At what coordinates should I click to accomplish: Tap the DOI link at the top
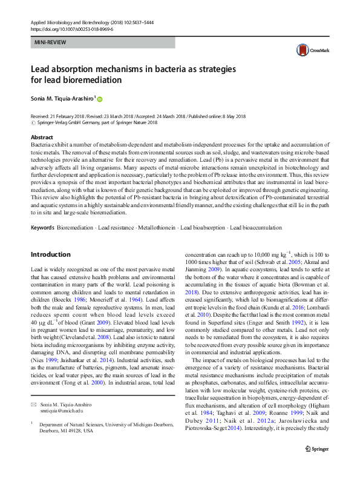(68, 28)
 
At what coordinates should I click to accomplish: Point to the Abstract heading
(42, 138)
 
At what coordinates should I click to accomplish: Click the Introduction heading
(50, 254)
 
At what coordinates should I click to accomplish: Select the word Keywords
(42, 228)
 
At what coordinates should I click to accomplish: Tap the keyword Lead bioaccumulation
(254, 228)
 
